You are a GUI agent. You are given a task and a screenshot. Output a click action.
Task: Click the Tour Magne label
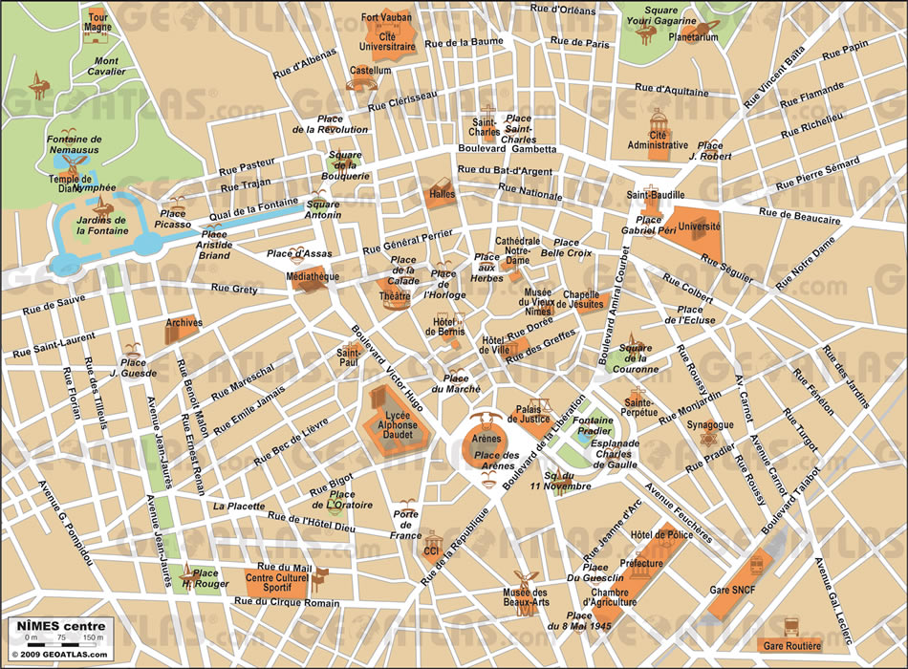[97, 22]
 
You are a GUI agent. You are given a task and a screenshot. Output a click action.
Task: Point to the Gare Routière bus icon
[791, 627]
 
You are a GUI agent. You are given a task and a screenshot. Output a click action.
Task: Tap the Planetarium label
[693, 37]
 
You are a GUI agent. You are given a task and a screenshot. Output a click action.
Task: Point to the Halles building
[442, 190]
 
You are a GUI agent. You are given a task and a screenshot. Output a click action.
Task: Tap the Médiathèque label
[312, 276]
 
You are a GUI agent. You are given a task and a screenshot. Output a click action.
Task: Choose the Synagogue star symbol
[708, 439]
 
